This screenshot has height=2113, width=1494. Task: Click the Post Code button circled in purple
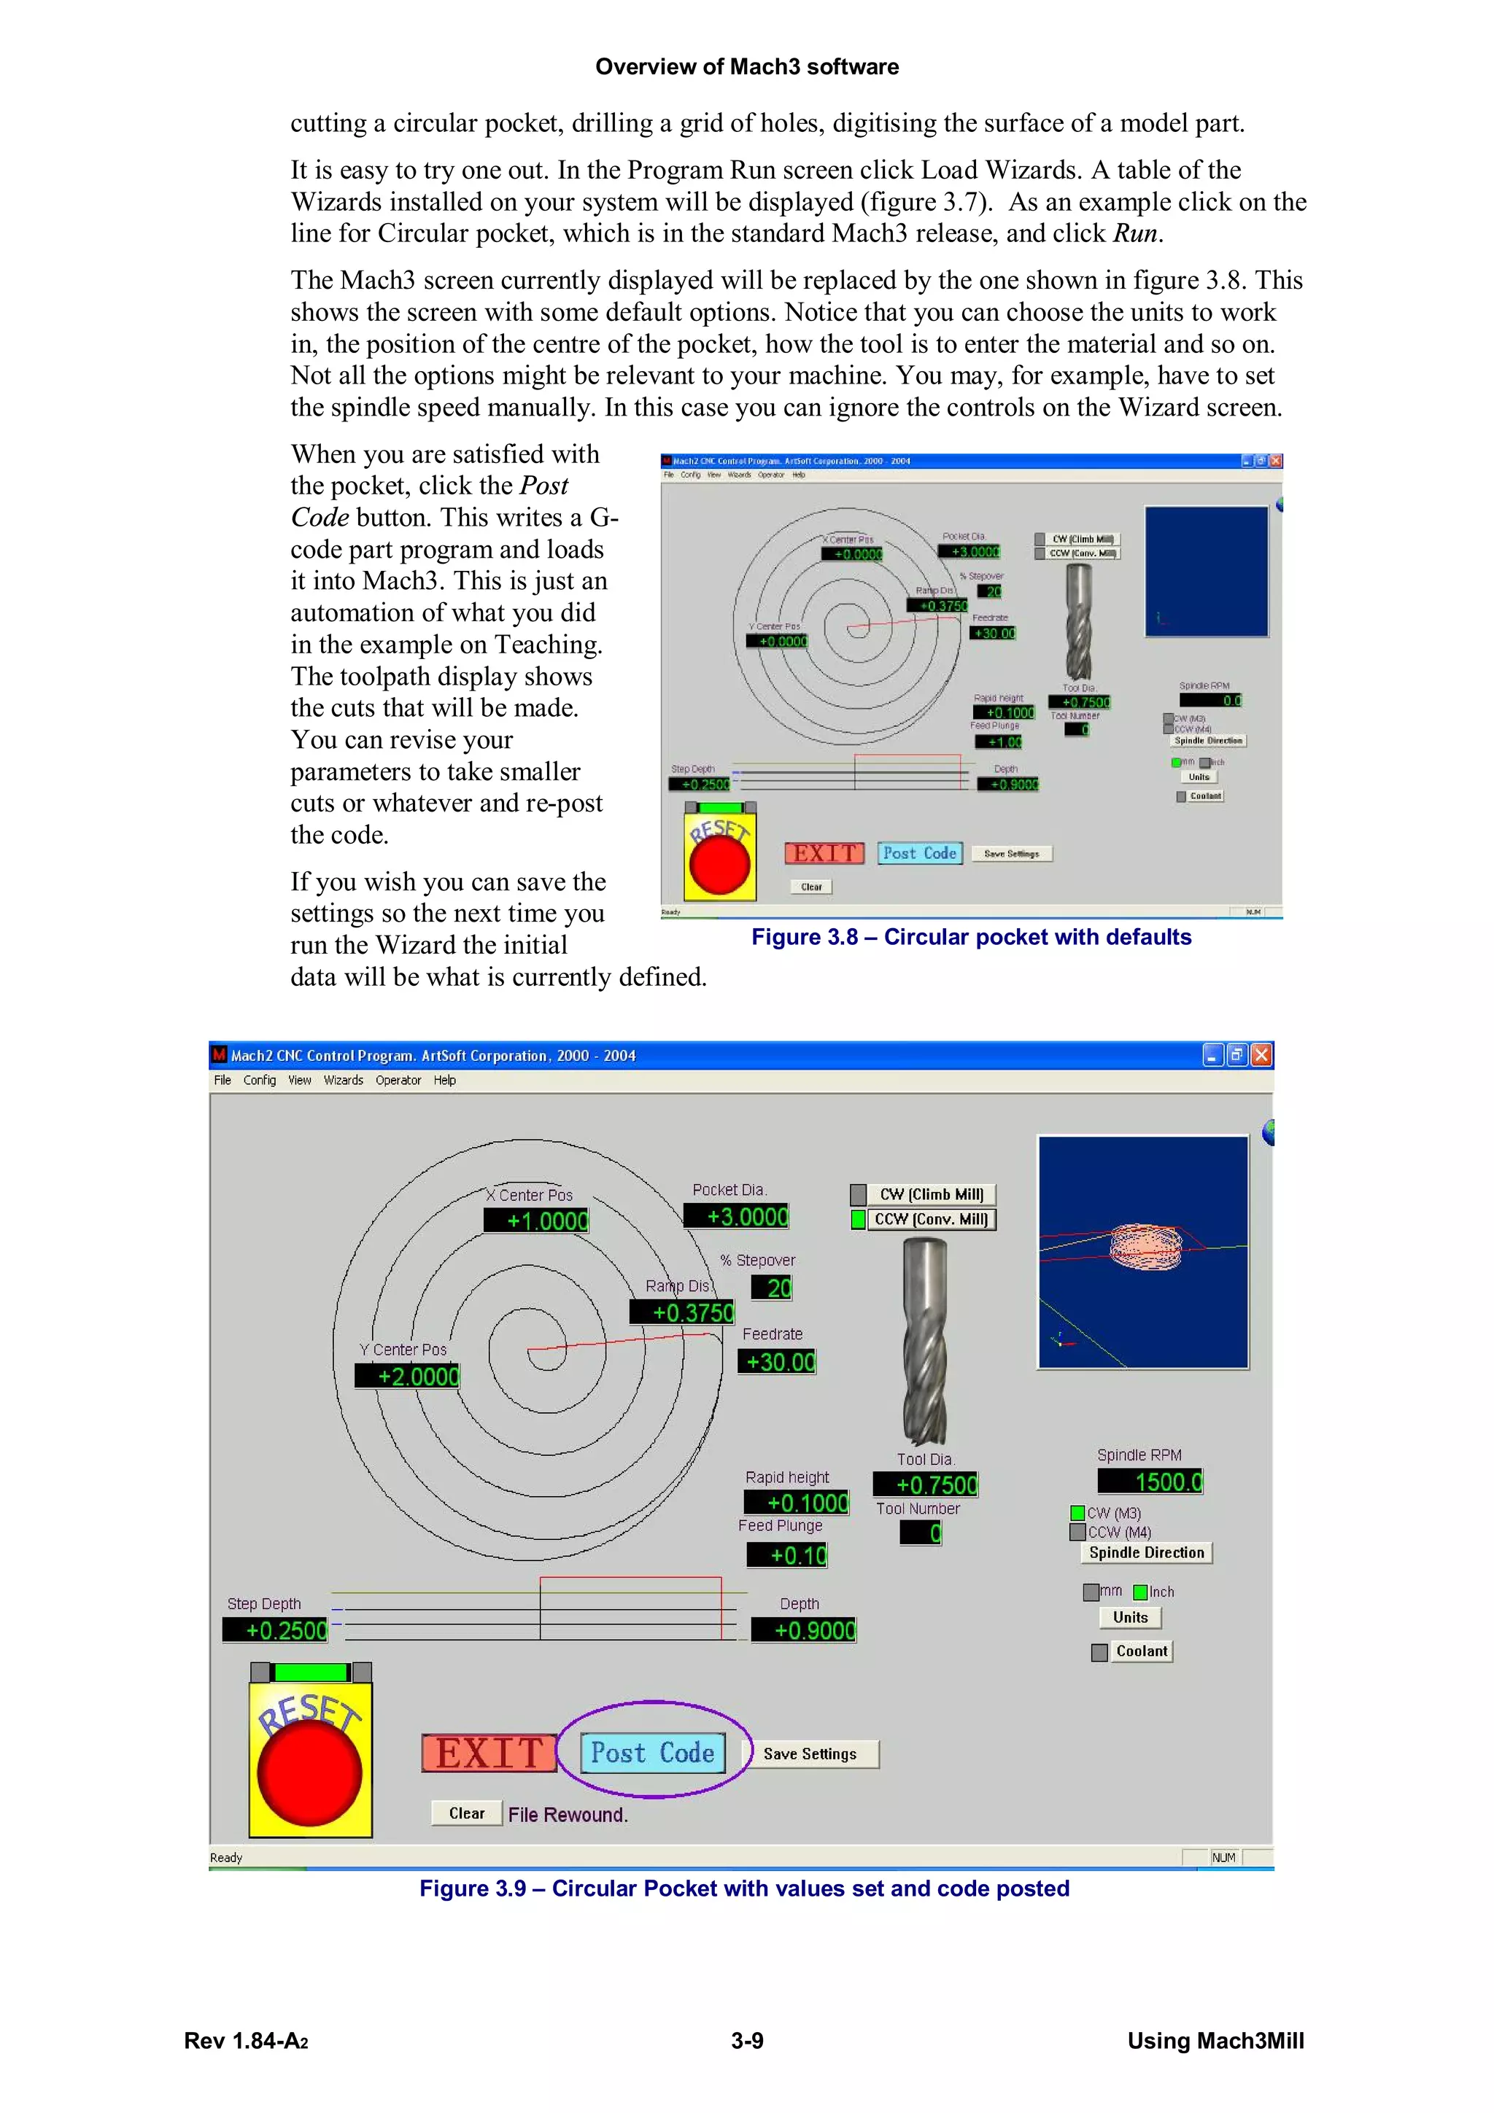(653, 1752)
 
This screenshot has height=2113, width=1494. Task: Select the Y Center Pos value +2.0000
(408, 1376)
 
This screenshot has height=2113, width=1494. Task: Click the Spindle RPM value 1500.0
(1150, 1482)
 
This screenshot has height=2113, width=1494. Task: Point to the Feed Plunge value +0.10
(787, 1555)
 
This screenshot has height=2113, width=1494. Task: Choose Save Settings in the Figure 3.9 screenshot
(809, 1754)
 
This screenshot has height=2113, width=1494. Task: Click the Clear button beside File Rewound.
(467, 1813)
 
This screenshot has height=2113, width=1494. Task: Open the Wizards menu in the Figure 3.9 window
(344, 1081)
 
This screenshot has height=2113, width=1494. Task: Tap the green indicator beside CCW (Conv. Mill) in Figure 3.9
(858, 1219)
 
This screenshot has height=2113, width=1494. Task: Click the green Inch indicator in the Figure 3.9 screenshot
(1140, 1592)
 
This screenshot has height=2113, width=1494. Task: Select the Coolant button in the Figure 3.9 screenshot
(1142, 1651)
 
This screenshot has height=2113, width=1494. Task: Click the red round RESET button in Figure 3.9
(310, 1772)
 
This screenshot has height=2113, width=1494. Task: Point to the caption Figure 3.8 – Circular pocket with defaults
(971, 937)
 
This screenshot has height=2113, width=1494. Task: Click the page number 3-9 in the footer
(746, 2042)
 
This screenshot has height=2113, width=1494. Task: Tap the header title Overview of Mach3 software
(746, 66)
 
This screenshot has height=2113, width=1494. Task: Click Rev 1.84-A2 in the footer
(246, 2042)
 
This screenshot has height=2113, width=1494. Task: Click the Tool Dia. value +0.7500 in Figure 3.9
(925, 1484)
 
